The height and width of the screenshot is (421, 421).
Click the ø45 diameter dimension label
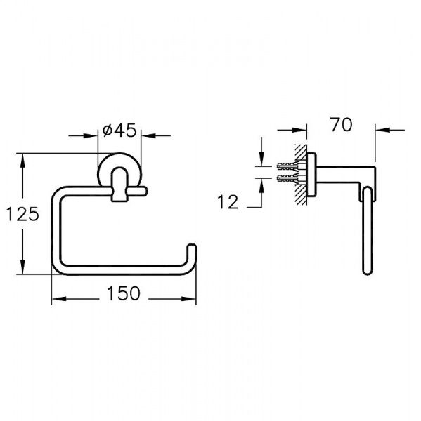119,131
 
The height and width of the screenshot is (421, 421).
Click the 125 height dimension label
22,214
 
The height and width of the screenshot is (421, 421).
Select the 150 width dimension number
124,293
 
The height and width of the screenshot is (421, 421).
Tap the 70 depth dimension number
342,125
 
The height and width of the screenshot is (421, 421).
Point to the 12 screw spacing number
228,202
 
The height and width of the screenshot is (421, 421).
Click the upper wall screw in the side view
288,167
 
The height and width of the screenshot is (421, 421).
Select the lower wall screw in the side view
288,178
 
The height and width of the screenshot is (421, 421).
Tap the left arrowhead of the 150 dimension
58,299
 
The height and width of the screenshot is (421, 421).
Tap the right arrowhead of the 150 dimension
189,299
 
